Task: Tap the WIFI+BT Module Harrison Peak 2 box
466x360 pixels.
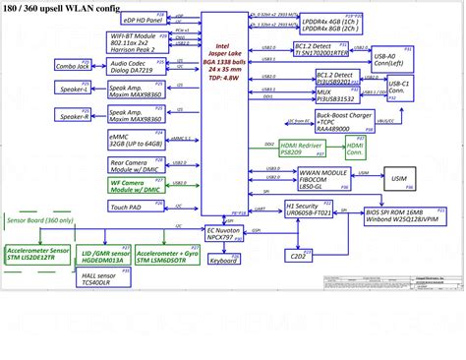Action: (137, 42)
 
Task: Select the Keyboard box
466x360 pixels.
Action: (223, 261)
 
